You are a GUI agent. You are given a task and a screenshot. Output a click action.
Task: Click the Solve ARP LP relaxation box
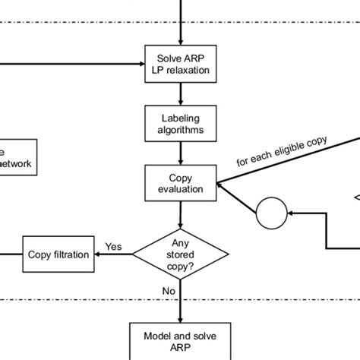[x=181, y=65]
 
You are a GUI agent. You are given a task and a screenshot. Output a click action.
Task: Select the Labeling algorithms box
[x=181, y=124]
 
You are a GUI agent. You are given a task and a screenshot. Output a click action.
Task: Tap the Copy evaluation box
[x=181, y=183]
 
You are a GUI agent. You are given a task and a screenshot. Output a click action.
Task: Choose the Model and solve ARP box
[x=181, y=338]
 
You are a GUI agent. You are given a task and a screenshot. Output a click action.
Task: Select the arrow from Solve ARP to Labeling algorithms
[x=181, y=95]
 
